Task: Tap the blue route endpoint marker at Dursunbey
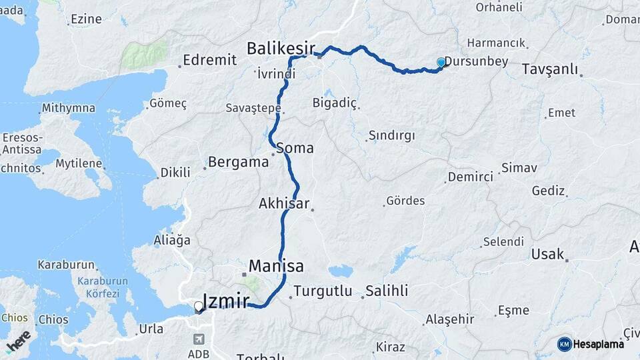click(x=441, y=63)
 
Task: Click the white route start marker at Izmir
click(x=198, y=307)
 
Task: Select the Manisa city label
click(x=276, y=266)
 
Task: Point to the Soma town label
click(x=294, y=148)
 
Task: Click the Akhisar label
click(x=284, y=203)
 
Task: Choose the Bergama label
click(x=238, y=161)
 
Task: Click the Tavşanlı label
click(x=549, y=69)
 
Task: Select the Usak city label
click(x=547, y=254)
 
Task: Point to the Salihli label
click(x=387, y=291)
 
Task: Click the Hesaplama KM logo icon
click(x=565, y=344)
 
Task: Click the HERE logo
click(x=18, y=341)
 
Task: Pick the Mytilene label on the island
click(x=79, y=163)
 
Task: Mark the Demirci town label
click(x=471, y=177)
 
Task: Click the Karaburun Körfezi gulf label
click(x=98, y=287)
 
